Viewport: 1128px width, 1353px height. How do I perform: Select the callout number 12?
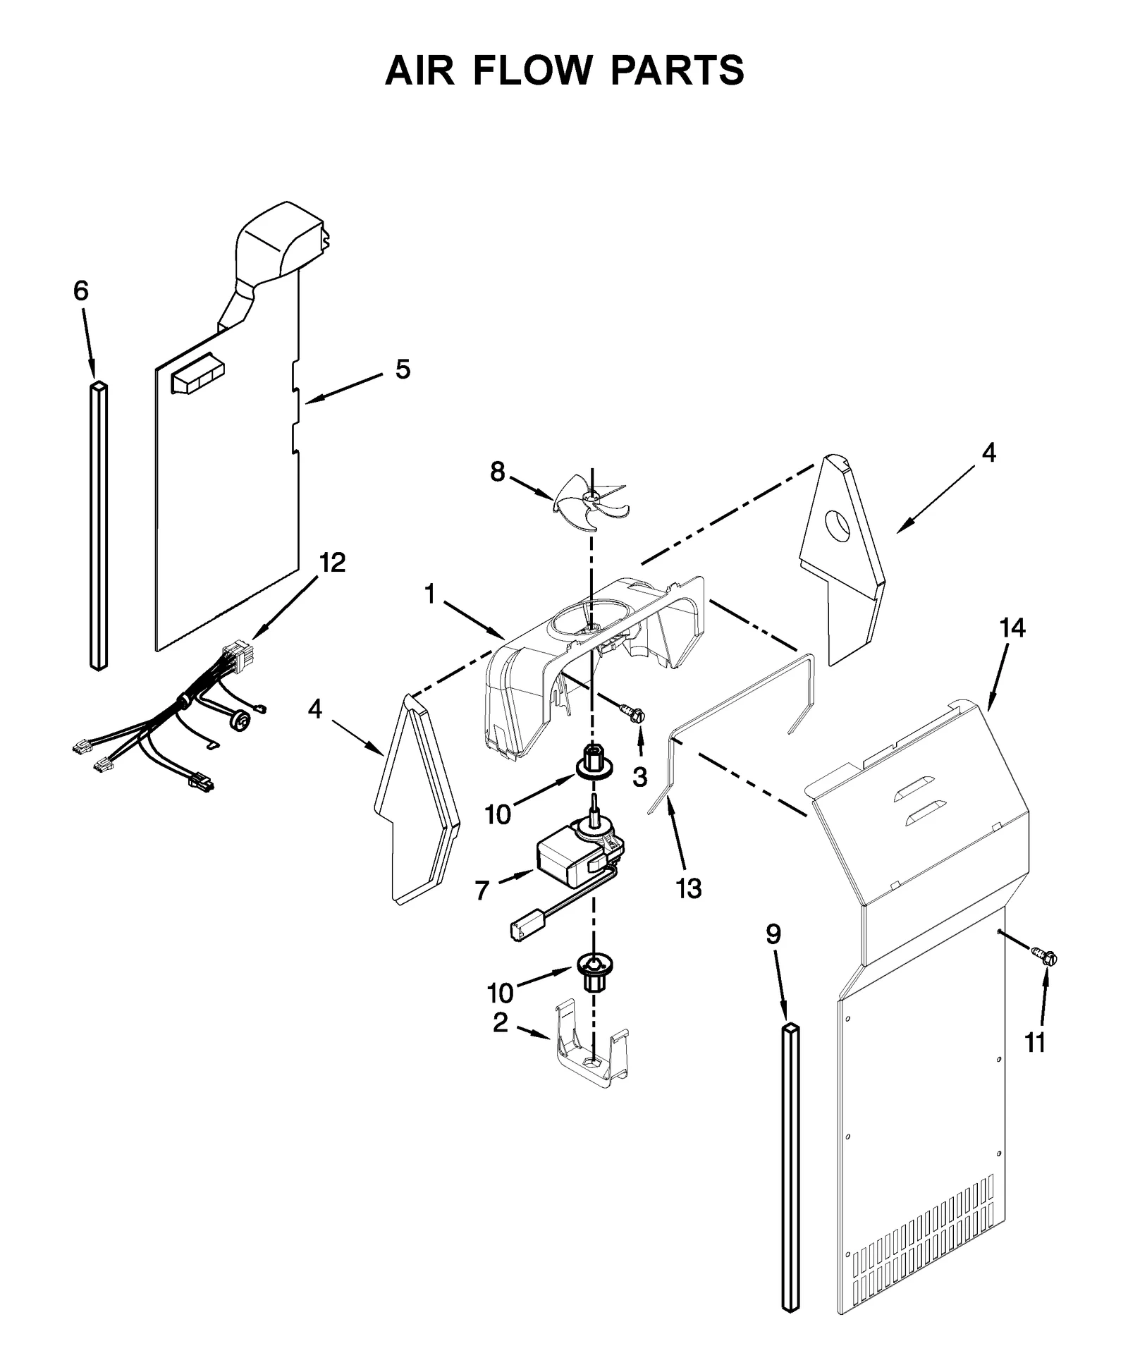coord(332,563)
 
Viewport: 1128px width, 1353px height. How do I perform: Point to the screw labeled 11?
coord(1045,957)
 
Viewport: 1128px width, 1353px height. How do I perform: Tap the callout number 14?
coord(1012,627)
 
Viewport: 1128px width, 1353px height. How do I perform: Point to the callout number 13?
coord(689,888)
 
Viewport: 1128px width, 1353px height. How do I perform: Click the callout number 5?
coord(402,369)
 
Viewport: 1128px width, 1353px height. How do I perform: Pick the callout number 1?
coord(429,594)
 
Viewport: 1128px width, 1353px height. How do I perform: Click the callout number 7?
coord(482,890)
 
